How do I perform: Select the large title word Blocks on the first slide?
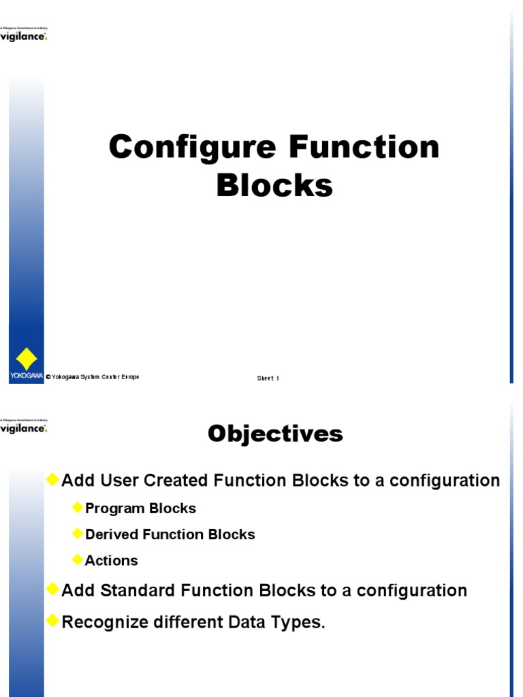(274, 185)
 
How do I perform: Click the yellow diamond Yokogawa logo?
(26, 359)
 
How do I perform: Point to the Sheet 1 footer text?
(268, 378)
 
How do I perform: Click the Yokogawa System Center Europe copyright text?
(93, 377)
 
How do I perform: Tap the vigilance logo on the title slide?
(24, 35)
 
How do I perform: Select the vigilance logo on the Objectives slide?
(24, 428)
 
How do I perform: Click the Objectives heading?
(275, 434)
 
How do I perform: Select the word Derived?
(111, 534)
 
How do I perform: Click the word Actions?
(111, 561)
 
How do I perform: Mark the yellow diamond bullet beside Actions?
(77, 560)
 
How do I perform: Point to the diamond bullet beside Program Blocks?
(77, 507)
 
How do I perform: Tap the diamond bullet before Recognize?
(52, 621)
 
